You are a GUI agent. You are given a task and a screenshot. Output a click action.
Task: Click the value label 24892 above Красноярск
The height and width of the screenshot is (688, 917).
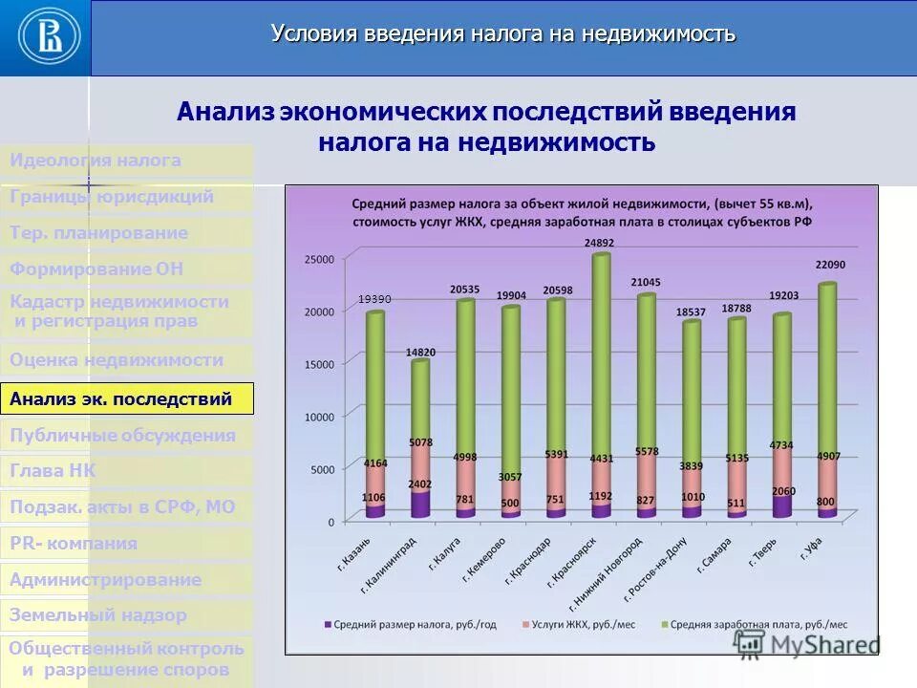tap(601, 243)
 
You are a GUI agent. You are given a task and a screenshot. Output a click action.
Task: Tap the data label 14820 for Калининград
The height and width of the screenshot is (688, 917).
tap(420, 352)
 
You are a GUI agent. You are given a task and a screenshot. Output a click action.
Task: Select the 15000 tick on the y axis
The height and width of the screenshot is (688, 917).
tap(319, 363)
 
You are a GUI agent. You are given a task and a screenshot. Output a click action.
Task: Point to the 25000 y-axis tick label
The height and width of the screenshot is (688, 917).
tap(319, 259)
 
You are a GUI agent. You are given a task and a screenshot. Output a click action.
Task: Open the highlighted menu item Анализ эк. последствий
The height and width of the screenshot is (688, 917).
tap(127, 398)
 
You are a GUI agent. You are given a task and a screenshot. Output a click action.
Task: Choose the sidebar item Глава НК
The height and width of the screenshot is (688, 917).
tap(53, 470)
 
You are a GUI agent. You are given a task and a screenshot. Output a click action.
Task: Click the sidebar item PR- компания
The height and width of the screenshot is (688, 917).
tap(74, 543)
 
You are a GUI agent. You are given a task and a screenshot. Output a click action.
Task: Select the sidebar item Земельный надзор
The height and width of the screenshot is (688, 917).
tap(98, 615)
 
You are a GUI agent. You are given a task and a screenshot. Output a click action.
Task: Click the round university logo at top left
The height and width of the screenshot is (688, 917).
tap(45, 37)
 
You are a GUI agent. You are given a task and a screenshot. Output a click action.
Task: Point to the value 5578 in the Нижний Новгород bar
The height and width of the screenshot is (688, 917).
tap(647, 451)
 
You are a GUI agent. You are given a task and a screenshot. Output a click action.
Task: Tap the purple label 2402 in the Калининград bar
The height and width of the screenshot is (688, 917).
tap(420, 484)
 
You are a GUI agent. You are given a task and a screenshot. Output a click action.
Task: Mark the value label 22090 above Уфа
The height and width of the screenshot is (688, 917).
tap(829, 265)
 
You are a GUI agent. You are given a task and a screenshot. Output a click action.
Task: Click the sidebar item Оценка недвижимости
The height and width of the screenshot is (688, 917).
tap(117, 360)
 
